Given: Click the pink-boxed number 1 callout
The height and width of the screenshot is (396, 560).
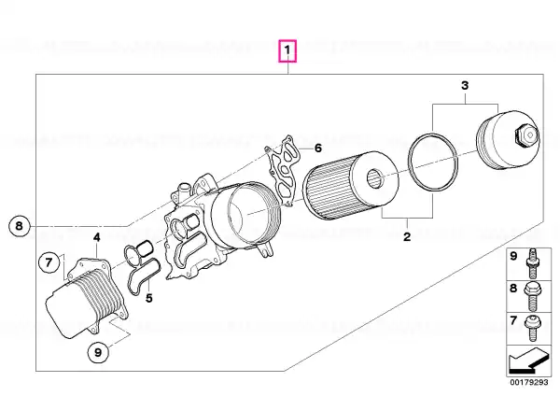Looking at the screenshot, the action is (x=287, y=51).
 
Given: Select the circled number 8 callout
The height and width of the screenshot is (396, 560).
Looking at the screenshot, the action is (x=19, y=225).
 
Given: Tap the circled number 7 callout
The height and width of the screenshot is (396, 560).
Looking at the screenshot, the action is (x=49, y=262).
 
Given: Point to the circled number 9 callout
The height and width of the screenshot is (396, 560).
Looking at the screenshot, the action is (x=98, y=352).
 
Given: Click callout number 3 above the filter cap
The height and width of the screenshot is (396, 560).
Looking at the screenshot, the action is (x=465, y=85).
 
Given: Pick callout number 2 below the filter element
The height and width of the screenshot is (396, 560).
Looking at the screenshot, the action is (x=407, y=236).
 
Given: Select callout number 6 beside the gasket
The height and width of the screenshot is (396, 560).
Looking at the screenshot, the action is (x=318, y=148).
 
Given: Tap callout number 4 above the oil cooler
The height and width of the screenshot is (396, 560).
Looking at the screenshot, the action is (x=97, y=237).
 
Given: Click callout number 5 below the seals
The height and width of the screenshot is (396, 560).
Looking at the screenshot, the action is (x=149, y=298).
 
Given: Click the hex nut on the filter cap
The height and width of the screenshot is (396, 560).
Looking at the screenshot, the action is (x=525, y=135).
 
